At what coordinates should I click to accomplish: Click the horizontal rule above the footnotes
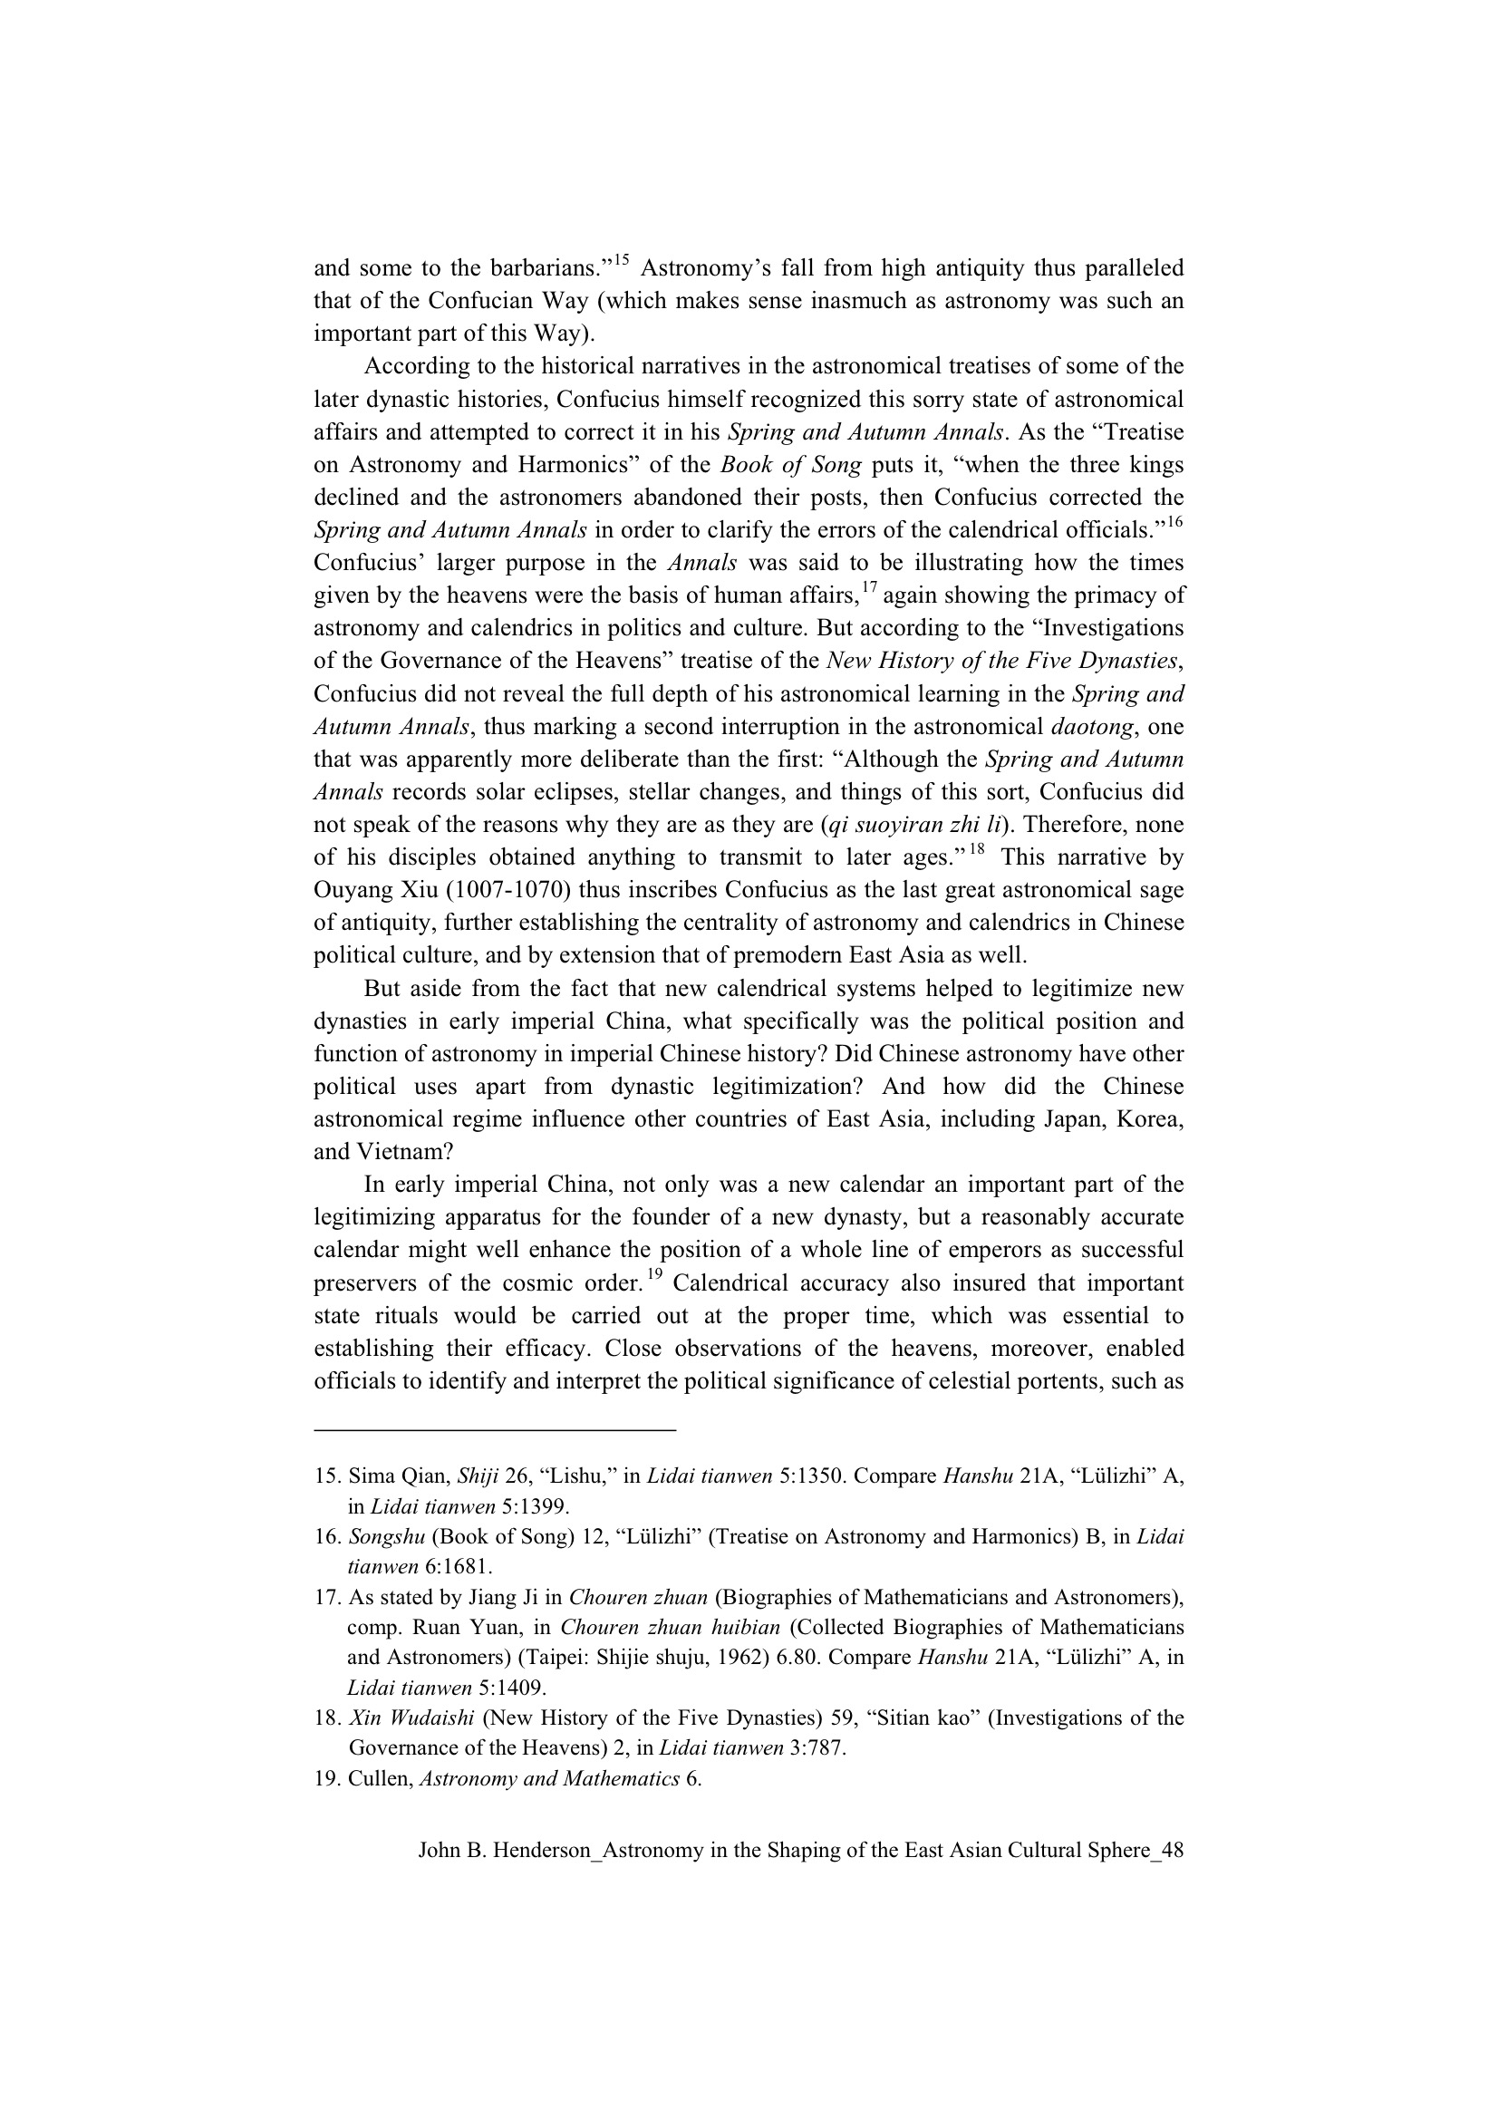coord(495,1431)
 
